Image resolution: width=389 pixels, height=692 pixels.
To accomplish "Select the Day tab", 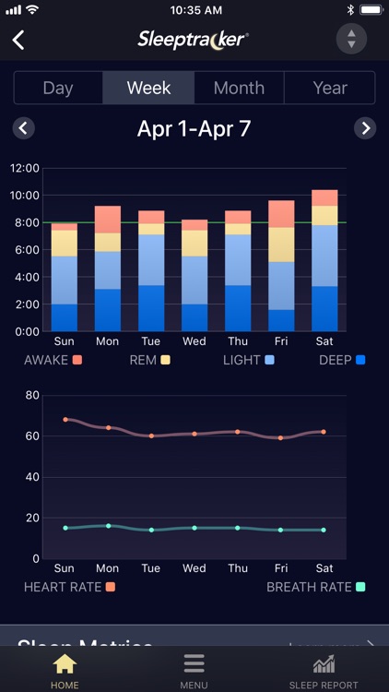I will click(x=58, y=88).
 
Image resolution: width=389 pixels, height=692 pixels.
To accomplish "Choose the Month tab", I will click(x=239, y=88).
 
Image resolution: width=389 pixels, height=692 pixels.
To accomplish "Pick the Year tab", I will click(x=330, y=88).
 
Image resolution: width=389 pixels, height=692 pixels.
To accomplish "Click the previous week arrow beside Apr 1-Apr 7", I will click(x=24, y=128).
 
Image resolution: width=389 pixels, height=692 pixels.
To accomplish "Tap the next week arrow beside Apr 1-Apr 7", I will click(x=366, y=128).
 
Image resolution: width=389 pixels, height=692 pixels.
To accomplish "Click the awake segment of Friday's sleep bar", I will click(x=281, y=213).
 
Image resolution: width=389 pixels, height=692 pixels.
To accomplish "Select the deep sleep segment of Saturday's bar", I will click(x=324, y=308).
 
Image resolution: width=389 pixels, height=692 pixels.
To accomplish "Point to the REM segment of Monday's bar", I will click(x=108, y=242).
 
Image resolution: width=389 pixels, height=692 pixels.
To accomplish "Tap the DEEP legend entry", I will click(x=341, y=360).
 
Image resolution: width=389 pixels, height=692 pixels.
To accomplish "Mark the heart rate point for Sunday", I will click(x=65, y=419).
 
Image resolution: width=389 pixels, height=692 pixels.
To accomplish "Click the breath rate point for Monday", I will click(x=108, y=526).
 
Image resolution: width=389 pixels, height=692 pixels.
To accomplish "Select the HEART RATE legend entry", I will click(x=70, y=586).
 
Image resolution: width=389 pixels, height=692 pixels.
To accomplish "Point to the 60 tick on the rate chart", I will click(x=31, y=435).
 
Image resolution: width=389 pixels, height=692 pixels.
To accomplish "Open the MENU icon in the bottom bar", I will click(x=194, y=669).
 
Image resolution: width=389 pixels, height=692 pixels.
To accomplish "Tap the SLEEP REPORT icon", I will click(x=323, y=669).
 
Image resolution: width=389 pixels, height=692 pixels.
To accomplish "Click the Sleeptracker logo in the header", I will click(x=193, y=39).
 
